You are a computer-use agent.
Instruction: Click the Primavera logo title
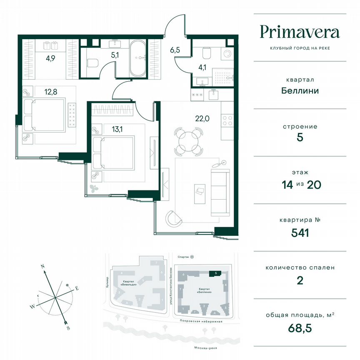click(300, 32)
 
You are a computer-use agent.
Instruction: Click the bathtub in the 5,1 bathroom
click(138, 58)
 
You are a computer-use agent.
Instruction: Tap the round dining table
click(188, 141)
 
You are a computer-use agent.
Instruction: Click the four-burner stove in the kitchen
click(228, 121)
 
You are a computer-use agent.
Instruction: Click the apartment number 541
click(300, 232)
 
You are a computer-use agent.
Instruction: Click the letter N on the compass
click(43, 265)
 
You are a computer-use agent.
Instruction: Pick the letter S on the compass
click(68, 327)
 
